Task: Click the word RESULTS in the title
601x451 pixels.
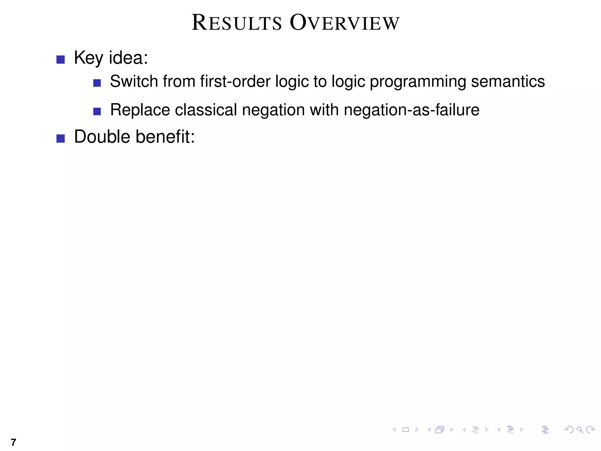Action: click(237, 23)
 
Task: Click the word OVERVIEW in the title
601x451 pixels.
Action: click(345, 23)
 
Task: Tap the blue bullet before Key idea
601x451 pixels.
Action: click(60, 60)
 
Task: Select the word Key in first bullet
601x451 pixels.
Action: click(88, 58)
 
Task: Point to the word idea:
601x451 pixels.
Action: click(129, 58)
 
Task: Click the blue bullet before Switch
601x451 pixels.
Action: click(97, 83)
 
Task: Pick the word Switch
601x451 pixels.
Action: click(134, 81)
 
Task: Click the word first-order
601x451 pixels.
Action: click(235, 81)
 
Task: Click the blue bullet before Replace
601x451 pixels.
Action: click(97, 112)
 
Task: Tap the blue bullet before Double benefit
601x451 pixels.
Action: click(60, 138)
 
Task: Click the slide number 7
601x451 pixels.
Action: click(13, 442)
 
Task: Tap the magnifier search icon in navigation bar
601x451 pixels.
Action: click(580, 430)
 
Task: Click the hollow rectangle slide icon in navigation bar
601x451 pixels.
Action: click(406, 430)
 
